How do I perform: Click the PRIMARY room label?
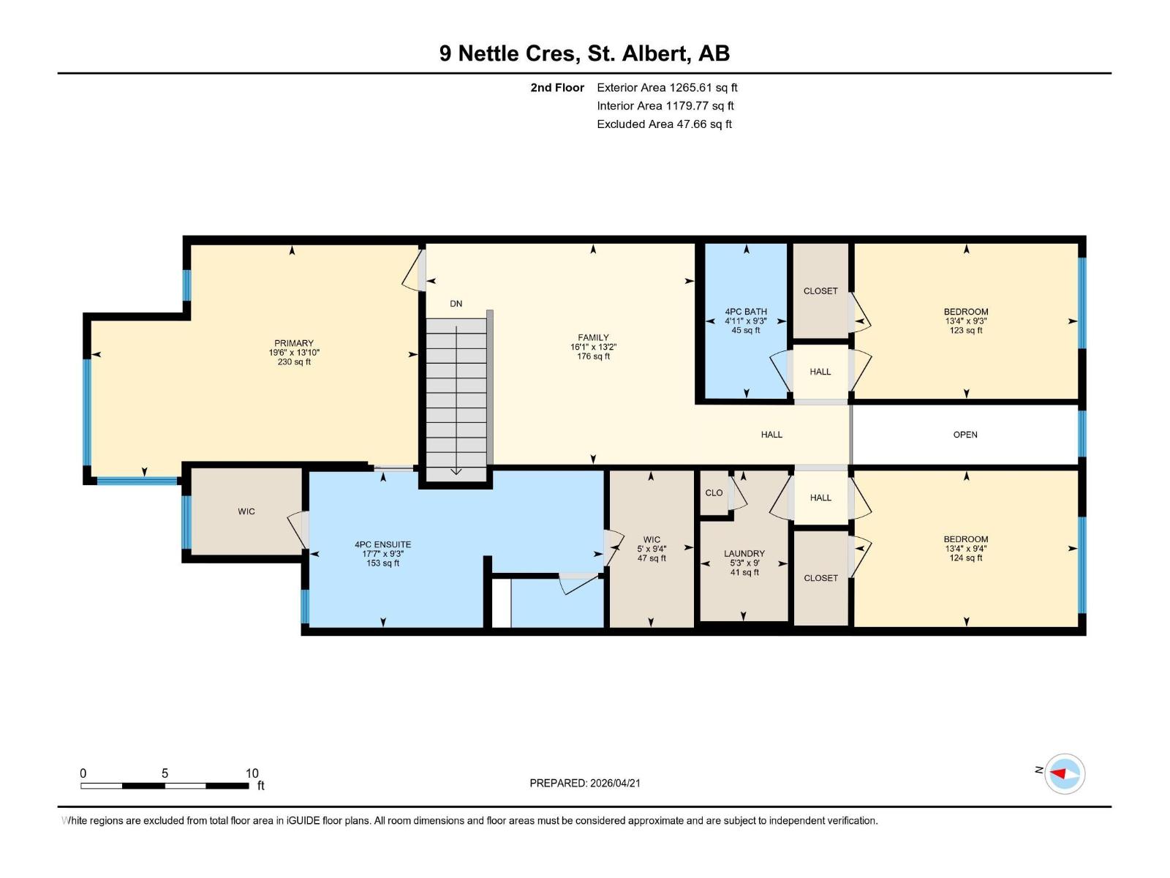coord(294,343)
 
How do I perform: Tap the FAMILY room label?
coord(593,337)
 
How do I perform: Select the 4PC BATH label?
coord(746,312)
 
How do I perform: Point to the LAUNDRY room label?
coord(744,554)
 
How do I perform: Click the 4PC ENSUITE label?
coord(382,545)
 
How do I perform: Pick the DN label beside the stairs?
coord(456,304)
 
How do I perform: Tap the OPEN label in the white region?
coord(965,435)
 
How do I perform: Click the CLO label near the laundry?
coord(714,493)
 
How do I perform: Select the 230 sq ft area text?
coord(294,362)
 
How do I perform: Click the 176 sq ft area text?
coord(593,356)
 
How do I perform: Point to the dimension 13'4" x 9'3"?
coord(966,321)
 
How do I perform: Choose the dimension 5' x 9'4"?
coord(652,549)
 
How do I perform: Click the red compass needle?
coord(1057,773)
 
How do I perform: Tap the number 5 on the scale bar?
coord(165,773)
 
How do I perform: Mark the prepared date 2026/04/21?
coord(615,783)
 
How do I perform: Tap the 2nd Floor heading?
coord(557,88)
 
